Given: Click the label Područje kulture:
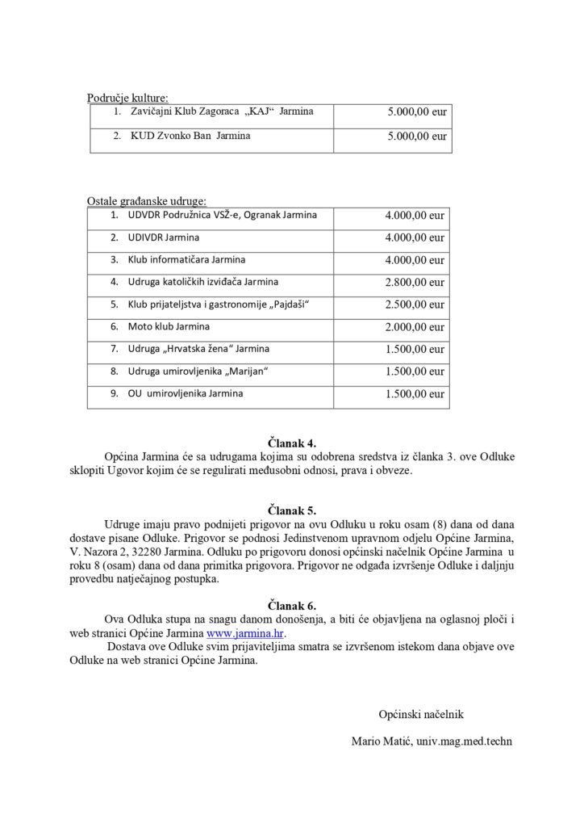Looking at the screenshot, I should click(x=127, y=99).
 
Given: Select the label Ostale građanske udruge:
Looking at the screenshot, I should click(x=146, y=199).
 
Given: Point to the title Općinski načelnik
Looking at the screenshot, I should click(x=421, y=714).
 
